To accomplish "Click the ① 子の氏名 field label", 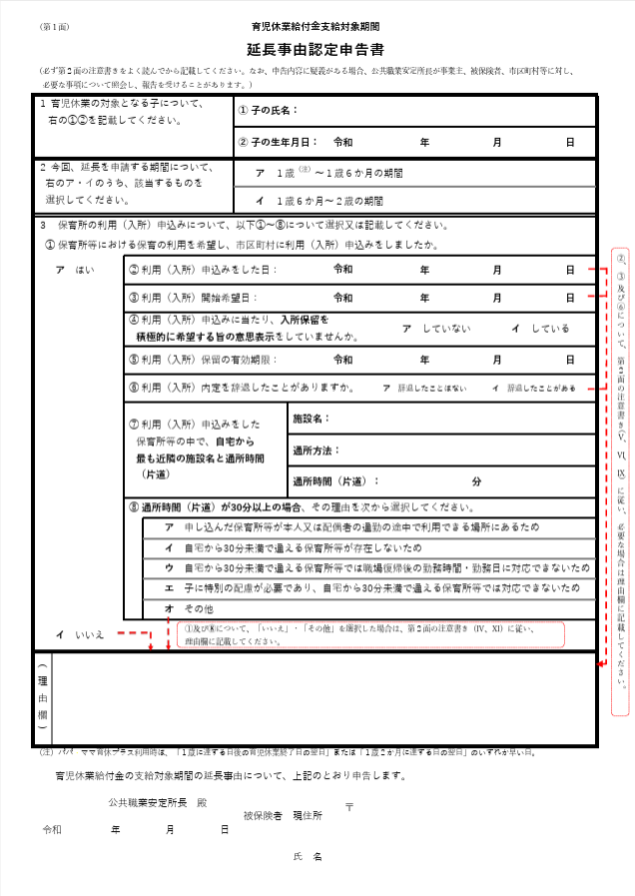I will coord(269,110).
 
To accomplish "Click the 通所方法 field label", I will coord(317,450).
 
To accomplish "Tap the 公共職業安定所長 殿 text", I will coord(157,802).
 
